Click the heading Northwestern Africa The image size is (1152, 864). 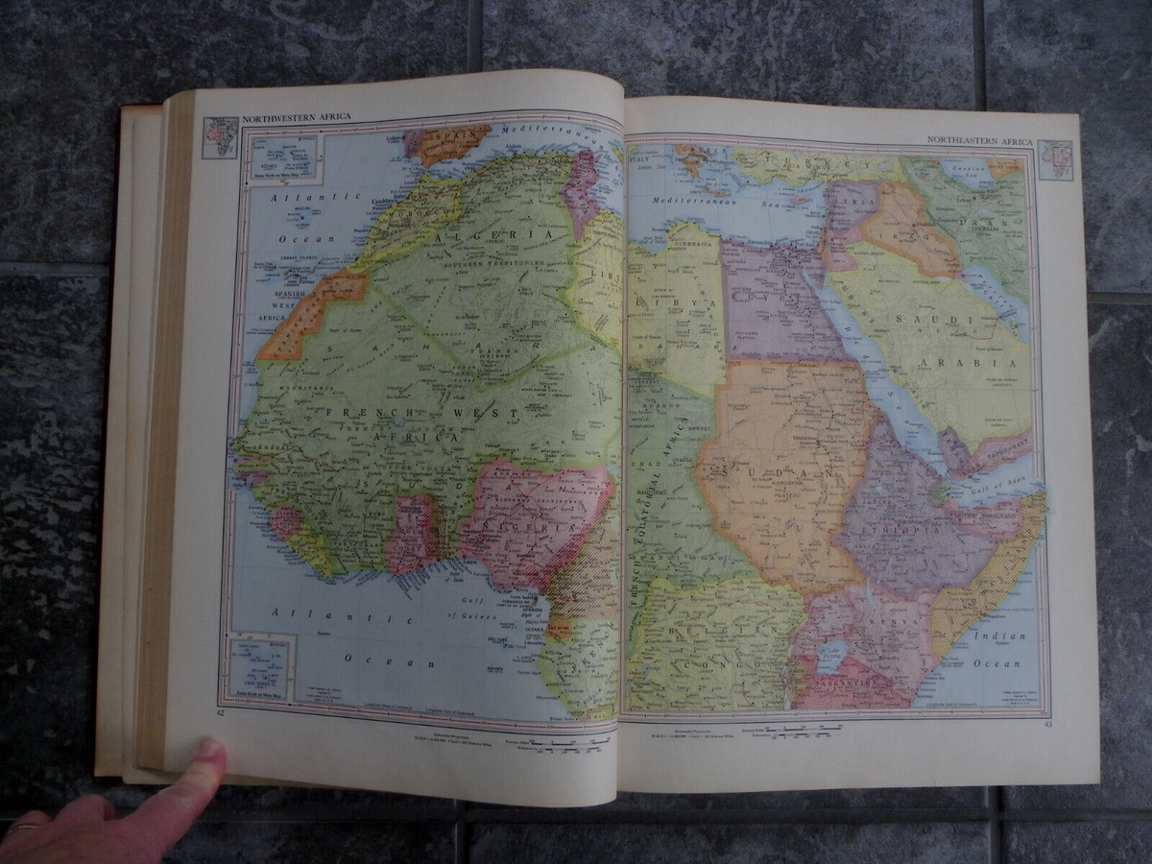click(297, 117)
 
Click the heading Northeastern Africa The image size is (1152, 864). click(979, 141)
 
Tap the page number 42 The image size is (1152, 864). click(220, 711)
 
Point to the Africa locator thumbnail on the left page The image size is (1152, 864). click(220, 136)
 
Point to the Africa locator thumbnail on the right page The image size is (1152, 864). click(1056, 159)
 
